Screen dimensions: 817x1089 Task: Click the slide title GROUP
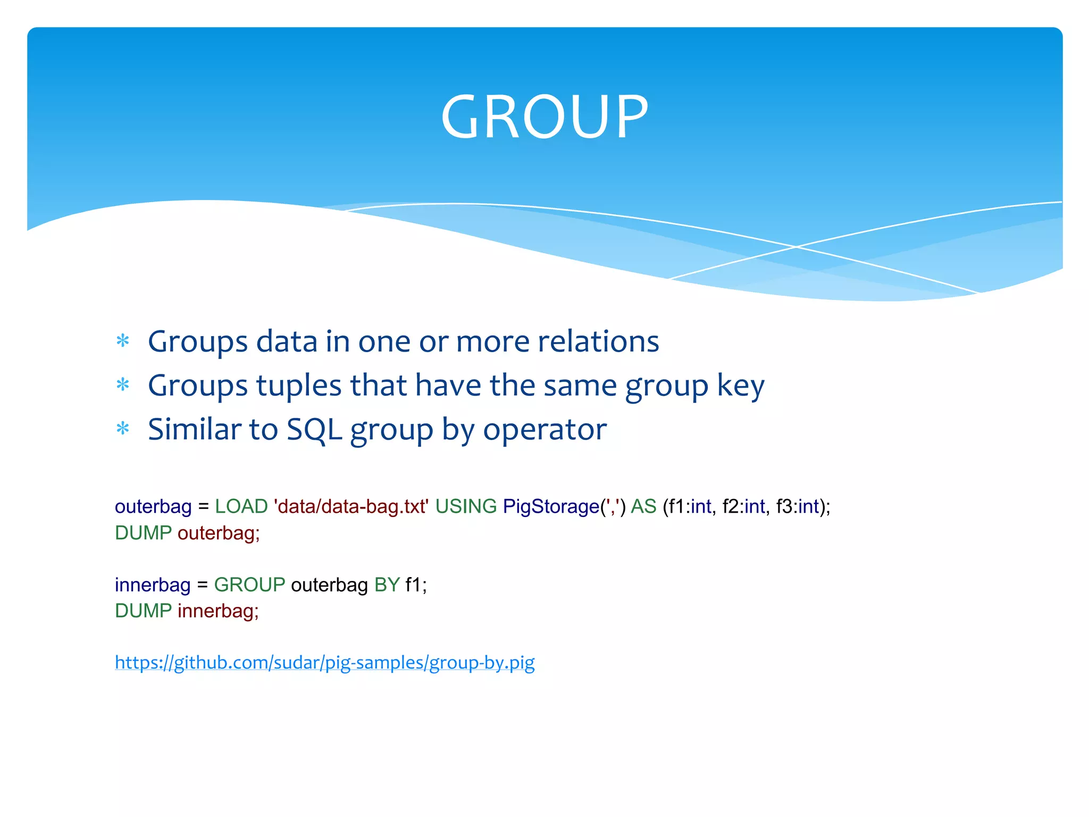[x=544, y=117]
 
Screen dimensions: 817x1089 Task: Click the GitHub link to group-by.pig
[x=325, y=663]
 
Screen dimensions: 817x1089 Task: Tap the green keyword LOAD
[x=241, y=506]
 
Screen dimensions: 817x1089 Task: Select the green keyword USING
[x=466, y=506]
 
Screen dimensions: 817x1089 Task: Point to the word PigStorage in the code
[x=551, y=506]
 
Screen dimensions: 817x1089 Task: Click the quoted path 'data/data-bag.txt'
[x=351, y=506]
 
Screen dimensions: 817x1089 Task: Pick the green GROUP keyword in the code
[x=249, y=585]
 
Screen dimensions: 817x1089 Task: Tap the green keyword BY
[x=387, y=585]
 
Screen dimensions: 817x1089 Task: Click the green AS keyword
[x=643, y=506]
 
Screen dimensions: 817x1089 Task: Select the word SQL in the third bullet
[x=314, y=430]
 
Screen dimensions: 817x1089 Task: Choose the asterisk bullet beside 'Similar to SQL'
[x=123, y=428]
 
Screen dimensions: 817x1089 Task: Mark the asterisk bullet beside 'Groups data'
[x=123, y=340]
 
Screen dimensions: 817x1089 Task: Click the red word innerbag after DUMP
[x=217, y=611]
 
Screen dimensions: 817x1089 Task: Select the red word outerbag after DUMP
[x=218, y=533]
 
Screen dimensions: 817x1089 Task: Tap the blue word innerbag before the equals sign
[x=153, y=585]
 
